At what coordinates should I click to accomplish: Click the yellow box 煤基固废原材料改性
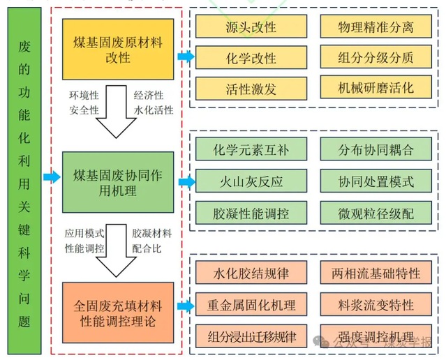pos(120,49)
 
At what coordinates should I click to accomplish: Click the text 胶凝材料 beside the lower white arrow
pos(151,233)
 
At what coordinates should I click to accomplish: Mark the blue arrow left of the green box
pos(51,178)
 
